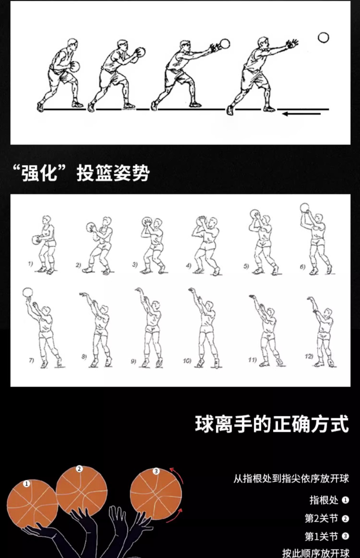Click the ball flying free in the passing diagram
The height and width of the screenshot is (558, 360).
pos(323,38)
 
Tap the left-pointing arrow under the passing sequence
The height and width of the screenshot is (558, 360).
pos(301,114)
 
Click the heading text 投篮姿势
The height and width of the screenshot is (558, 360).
pos(113,173)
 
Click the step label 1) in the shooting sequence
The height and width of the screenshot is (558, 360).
pos(30,264)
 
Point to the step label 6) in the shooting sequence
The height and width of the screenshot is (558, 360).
pos(302,267)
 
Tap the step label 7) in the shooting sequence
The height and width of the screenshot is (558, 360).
pos(31,360)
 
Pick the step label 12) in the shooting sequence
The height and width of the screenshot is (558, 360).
pos(309,356)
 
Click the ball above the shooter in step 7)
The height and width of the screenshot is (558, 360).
pos(28,293)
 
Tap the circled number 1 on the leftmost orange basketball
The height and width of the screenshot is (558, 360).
pos(26,484)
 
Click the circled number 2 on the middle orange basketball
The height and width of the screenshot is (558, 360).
pos(79,469)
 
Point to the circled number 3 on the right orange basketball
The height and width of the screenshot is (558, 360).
pos(156,471)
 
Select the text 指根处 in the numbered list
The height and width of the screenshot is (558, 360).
pos(324,500)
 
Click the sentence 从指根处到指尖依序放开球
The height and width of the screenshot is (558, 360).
pos(291,478)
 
